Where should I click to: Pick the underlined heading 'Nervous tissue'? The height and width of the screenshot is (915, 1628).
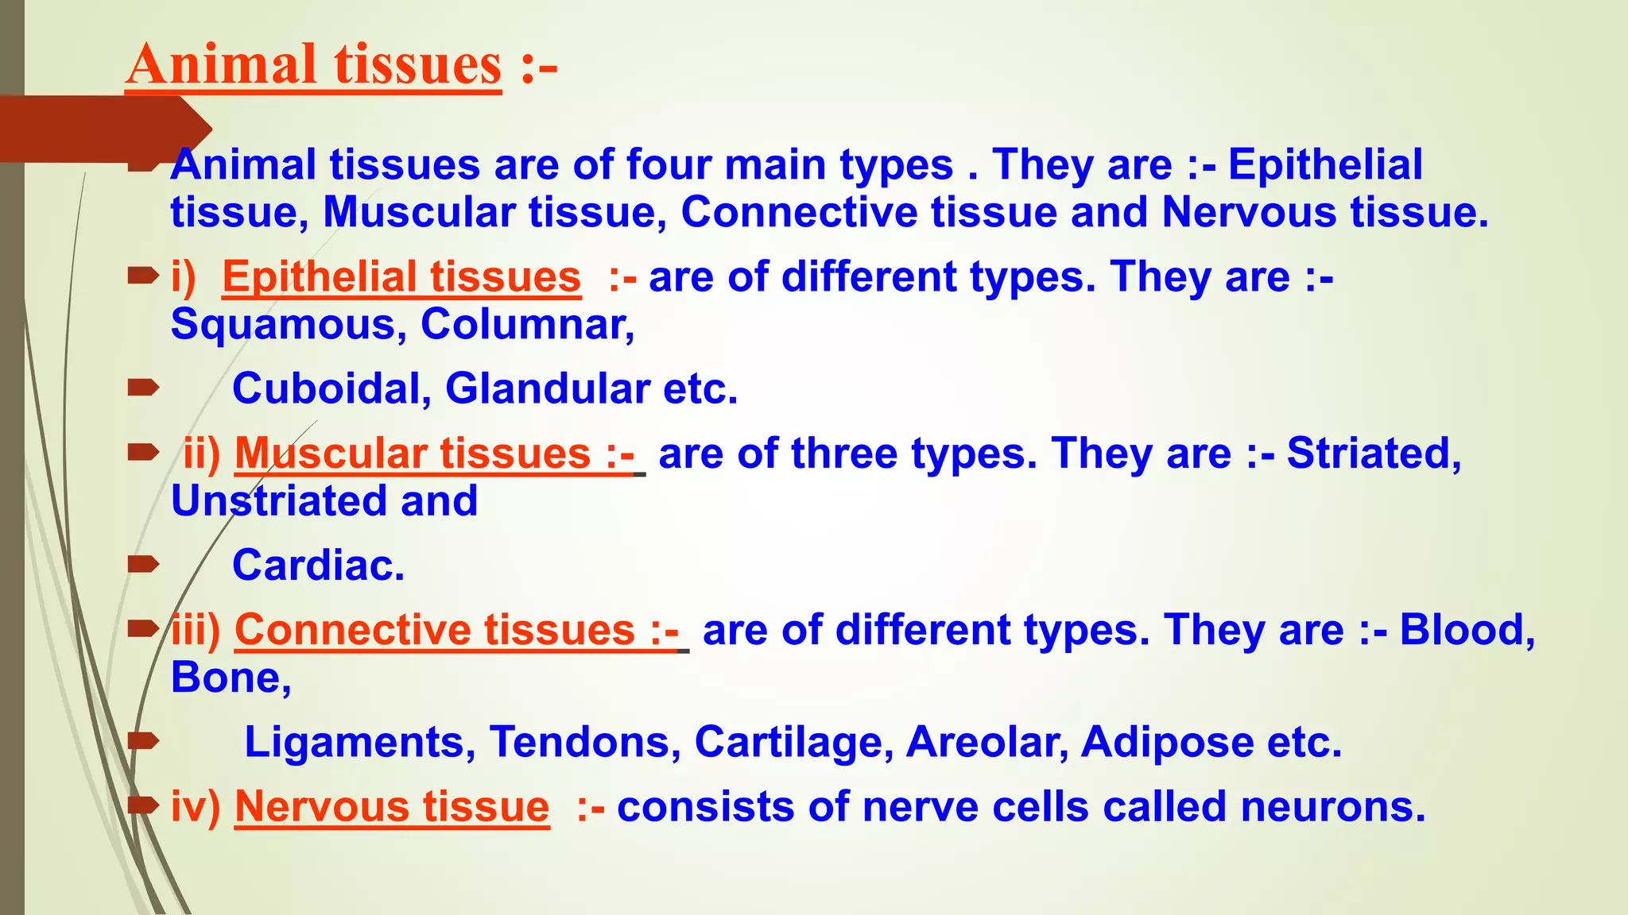tap(392, 806)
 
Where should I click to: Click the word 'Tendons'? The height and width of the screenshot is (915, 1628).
tap(584, 742)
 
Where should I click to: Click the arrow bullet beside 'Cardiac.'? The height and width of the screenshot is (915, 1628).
tap(144, 565)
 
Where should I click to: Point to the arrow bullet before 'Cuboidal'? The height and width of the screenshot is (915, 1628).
tap(144, 388)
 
